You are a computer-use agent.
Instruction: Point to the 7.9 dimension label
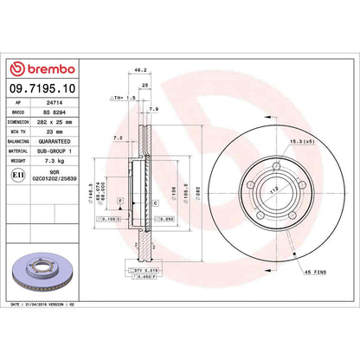pos(152,109)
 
